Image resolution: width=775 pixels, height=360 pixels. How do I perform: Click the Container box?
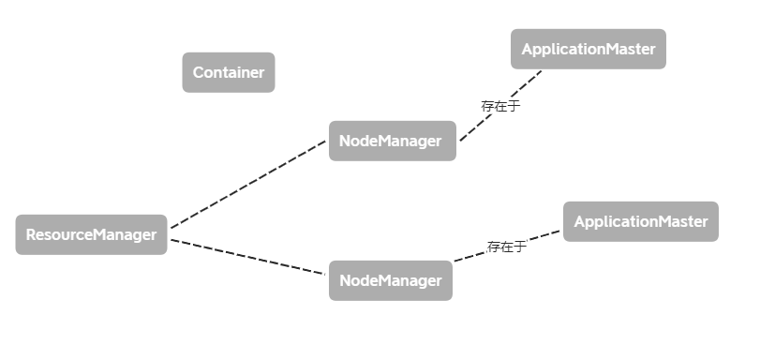tap(228, 72)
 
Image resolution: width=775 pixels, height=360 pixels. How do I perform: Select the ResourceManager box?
tap(91, 234)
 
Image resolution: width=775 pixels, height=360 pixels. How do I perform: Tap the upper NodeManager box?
tap(392, 141)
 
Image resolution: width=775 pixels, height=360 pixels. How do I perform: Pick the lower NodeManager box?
tap(390, 280)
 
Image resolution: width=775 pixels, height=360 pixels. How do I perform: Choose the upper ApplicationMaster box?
tap(588, 49)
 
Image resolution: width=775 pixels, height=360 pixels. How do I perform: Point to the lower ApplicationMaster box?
tap(640, 221)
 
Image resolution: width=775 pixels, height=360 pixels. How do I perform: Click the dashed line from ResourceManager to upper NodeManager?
tap(248, 185)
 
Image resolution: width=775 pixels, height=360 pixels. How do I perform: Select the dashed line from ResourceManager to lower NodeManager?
tap(248, 257)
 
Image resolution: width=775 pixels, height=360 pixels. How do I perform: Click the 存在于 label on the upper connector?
tap(500, 107)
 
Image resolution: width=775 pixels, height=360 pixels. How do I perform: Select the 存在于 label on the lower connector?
tap(506, 247)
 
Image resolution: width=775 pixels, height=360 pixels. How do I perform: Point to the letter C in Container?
tap(199, 72)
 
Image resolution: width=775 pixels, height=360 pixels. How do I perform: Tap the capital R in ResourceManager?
tap(30, 234)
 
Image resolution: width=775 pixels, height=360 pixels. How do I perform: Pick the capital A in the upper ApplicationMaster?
tap(527, 49)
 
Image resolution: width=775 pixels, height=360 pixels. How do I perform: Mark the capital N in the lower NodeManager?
tap(345, 280)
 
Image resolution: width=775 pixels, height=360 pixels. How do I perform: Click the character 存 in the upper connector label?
tap(487, 107)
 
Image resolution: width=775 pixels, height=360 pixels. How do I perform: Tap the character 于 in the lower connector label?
tap(519, 247)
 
